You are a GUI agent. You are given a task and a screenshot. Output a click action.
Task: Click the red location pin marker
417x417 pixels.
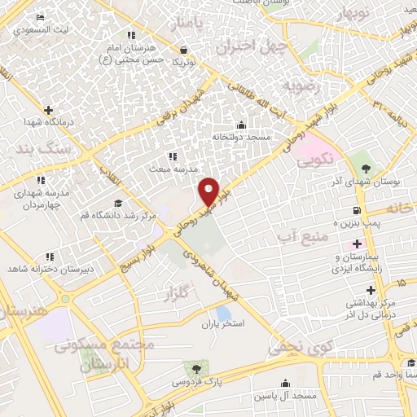209,191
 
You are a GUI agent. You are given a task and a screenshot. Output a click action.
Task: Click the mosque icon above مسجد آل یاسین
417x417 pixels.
285,383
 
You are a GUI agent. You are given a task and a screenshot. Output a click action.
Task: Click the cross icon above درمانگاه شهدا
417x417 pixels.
49,110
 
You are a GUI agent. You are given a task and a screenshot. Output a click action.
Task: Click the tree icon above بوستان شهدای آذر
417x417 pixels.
366,168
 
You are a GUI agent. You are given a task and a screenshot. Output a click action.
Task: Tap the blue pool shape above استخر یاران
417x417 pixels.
223,313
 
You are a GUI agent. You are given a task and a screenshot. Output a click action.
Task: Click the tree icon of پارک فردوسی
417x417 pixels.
193,368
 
